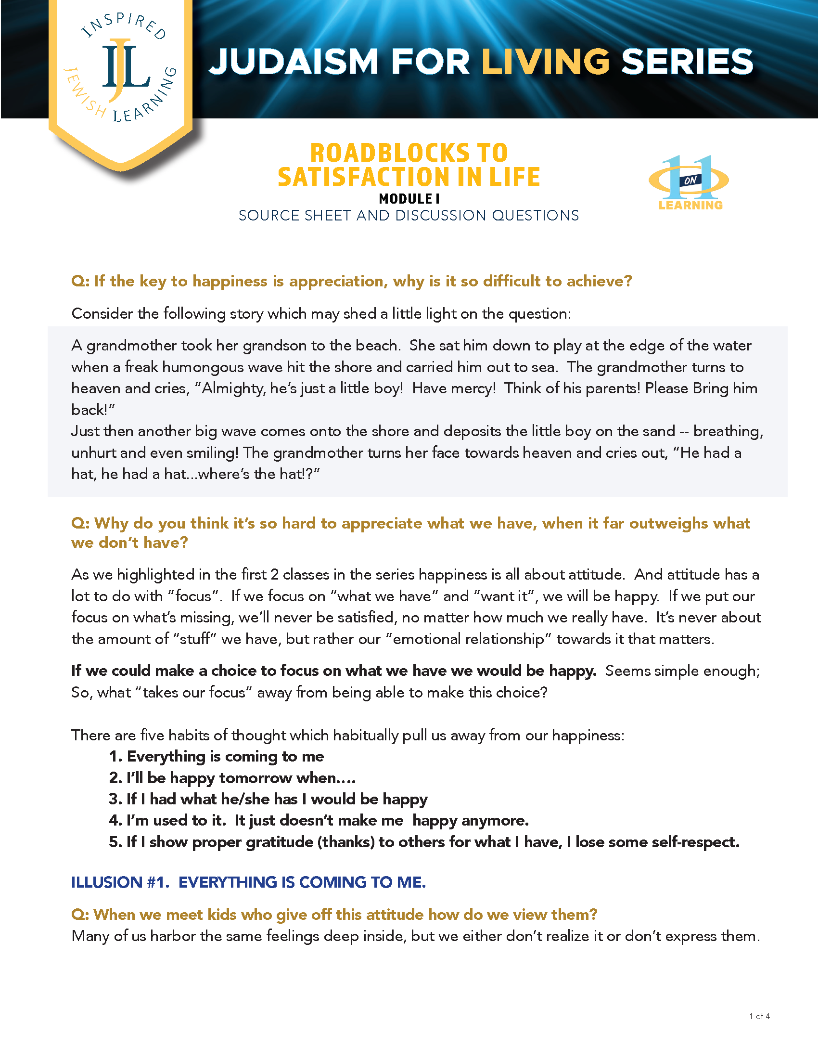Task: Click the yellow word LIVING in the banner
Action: pyautogui.click(x=545, y=62)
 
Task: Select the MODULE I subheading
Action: pyautogui.click(x=409, y=199)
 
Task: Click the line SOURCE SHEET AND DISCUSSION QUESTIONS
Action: pyautogui.click(x=409, y=216)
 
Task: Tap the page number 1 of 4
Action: pyautogui.click(x=759, y=1016)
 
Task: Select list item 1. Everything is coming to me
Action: pyautogui.click(x=216, y=756)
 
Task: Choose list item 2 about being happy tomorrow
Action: pyautogui.click(x=232, y=778)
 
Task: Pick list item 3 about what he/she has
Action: pyautogui.click(x=268, y=799)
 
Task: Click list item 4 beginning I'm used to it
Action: pyautogui.click(x=319, y=820)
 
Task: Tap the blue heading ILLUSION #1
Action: pyautogui.click(x=248, y=882)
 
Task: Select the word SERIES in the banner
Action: pyautogui.click(x=687, y=62)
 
